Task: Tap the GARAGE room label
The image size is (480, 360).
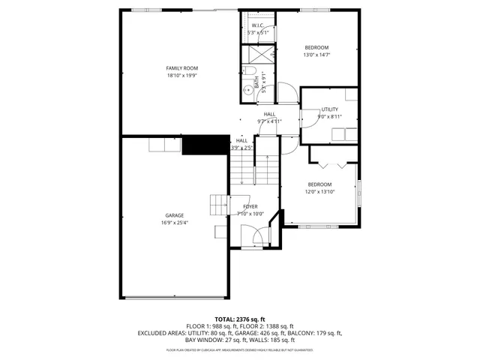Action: pos(174,215)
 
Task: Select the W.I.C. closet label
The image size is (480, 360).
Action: pos(257,25)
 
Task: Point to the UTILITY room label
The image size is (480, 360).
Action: pos(330,109)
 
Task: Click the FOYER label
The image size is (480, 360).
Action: pos(250,206)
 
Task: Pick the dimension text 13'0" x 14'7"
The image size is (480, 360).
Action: pos(316,55)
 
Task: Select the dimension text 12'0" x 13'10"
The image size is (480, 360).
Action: pos(319,191)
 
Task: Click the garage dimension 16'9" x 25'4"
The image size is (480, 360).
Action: pos(174,223)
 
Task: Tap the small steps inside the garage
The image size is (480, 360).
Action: pos(219,203)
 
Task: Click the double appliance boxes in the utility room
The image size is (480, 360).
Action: pos(346,133)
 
